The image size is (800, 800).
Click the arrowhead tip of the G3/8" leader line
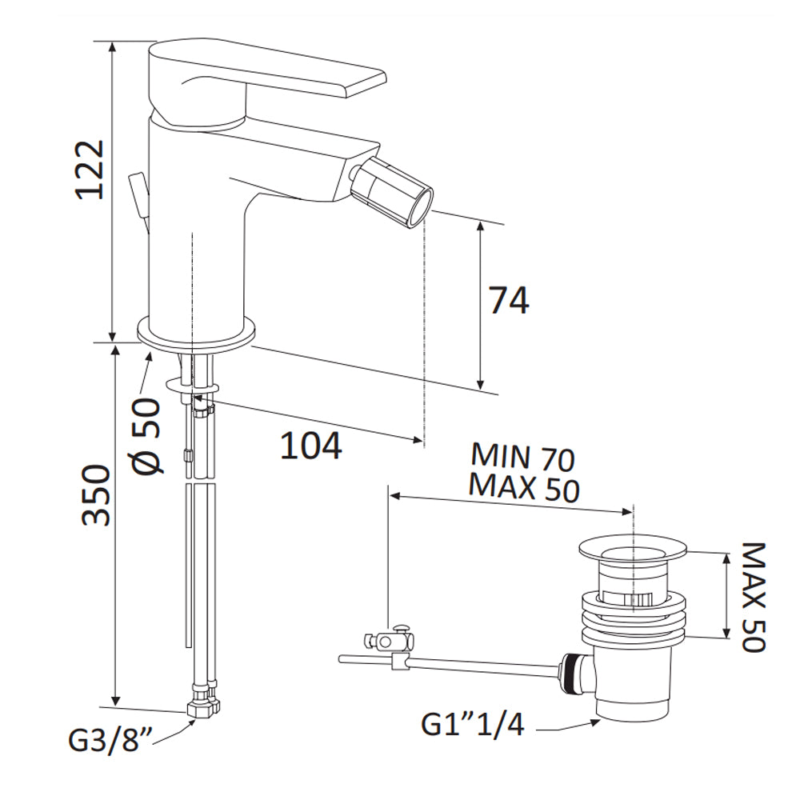[x=195, y=720]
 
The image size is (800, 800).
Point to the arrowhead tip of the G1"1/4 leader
[x=599, y=721]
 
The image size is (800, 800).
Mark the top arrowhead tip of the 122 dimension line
[x=114, y=42]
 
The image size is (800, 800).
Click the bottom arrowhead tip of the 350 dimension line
[x=116, y=706]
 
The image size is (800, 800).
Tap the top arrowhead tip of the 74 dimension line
[x=480, y=221]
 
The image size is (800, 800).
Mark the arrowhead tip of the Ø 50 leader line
[x=150, y=354]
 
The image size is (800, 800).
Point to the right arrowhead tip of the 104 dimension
[x=422, y=440]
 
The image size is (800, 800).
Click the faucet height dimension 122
[x=90, y=170]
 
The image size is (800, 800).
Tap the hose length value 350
[x=95, y=495]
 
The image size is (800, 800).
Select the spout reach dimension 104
[x=312, y=446]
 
